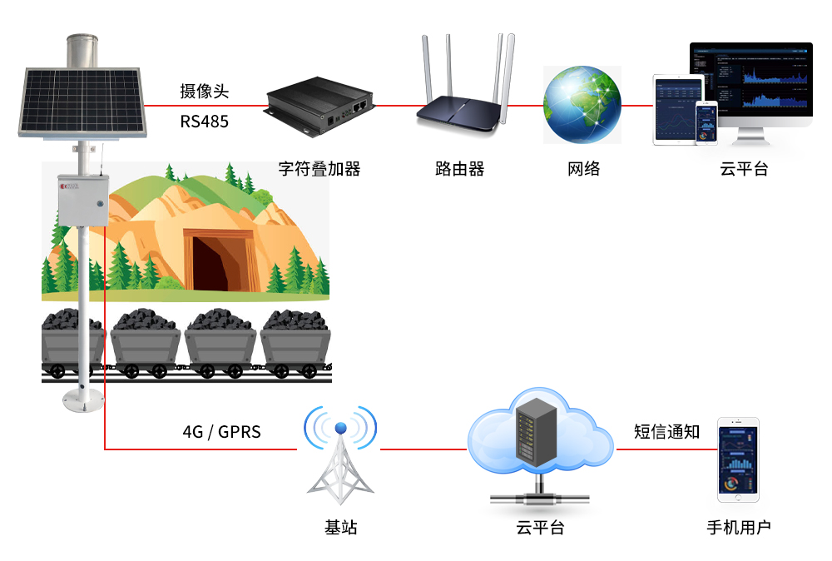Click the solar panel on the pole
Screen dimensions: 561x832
[x=82, y=102]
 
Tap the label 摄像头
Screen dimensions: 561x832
[x=204, y=92]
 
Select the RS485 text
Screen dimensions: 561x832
[x=204, y=122]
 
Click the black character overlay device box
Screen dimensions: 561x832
[x=318, y=105]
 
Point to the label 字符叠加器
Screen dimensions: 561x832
[x=319, y=169]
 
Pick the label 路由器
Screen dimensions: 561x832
[x=459, y=169]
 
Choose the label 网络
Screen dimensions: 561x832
[x=583, y=169]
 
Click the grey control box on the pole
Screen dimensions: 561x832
[x=82, y=199]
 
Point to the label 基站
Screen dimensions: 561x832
[x=340, y=527]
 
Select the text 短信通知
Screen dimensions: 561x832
[x=666, y=432]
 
